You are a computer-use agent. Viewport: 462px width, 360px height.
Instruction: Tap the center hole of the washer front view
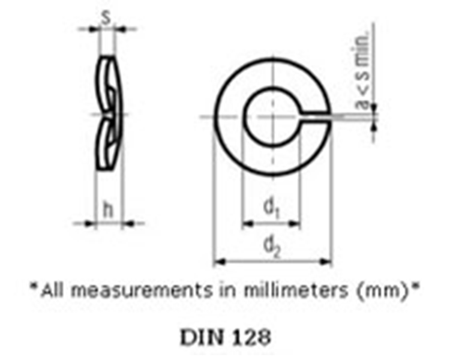pyautogui.click(x=271, y=117)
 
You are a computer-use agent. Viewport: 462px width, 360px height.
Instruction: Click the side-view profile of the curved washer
pyautogui.click(x=108, y=114)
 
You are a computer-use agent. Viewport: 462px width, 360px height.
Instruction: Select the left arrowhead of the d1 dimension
pyautogui.click(x=246, y=224)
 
